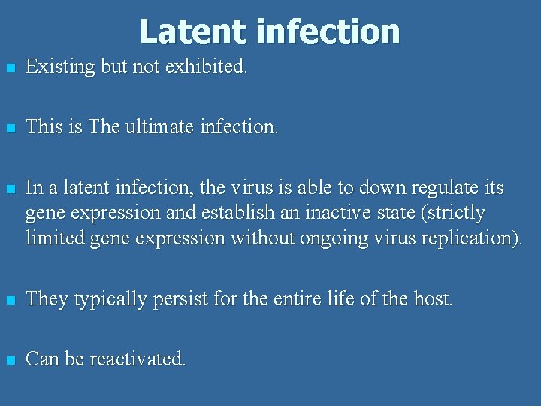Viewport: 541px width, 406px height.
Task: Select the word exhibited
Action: (x=206, y=67)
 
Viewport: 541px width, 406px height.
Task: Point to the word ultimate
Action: (x=155, y=127)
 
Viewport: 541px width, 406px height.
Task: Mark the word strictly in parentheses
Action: (x=455, y=213)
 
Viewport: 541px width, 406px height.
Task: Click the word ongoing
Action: (x=338, y=238)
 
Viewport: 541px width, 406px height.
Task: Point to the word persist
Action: (x=181, y=298)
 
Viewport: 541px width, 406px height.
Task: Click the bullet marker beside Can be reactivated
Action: (x=9, y=360)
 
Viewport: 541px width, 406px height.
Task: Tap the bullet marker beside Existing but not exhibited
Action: (x=9, y=68)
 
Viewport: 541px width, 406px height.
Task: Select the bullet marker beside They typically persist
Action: (x=9, y=300)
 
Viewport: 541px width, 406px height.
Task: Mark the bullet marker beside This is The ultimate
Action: (x=9, y=129)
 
